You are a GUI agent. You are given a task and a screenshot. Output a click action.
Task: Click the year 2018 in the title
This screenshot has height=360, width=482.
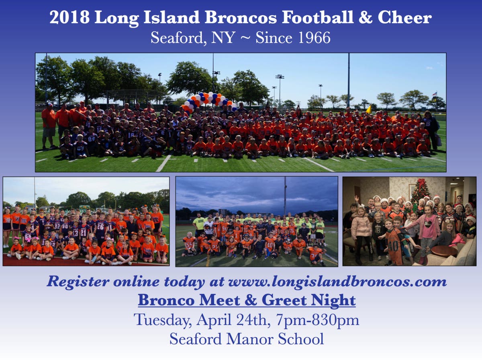coord(69,18)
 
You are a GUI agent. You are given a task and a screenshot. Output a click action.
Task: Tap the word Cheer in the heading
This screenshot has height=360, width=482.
coord(405,18)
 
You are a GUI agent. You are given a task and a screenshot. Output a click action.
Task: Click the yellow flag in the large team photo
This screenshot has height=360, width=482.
coord(369,110)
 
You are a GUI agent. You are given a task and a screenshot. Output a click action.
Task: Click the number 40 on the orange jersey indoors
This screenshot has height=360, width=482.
coord(394,246)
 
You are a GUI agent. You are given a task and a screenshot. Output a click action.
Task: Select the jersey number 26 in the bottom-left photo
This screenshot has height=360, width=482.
coord(100,226)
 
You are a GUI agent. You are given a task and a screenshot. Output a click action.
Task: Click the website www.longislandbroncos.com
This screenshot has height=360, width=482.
coord(337,282)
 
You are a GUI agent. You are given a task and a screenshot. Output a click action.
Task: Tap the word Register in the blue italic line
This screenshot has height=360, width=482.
coord(78,282)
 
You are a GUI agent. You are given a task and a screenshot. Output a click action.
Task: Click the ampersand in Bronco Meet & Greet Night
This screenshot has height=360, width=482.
coord(251,300)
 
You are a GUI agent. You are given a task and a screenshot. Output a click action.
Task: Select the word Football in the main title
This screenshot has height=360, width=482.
coord(318,18)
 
